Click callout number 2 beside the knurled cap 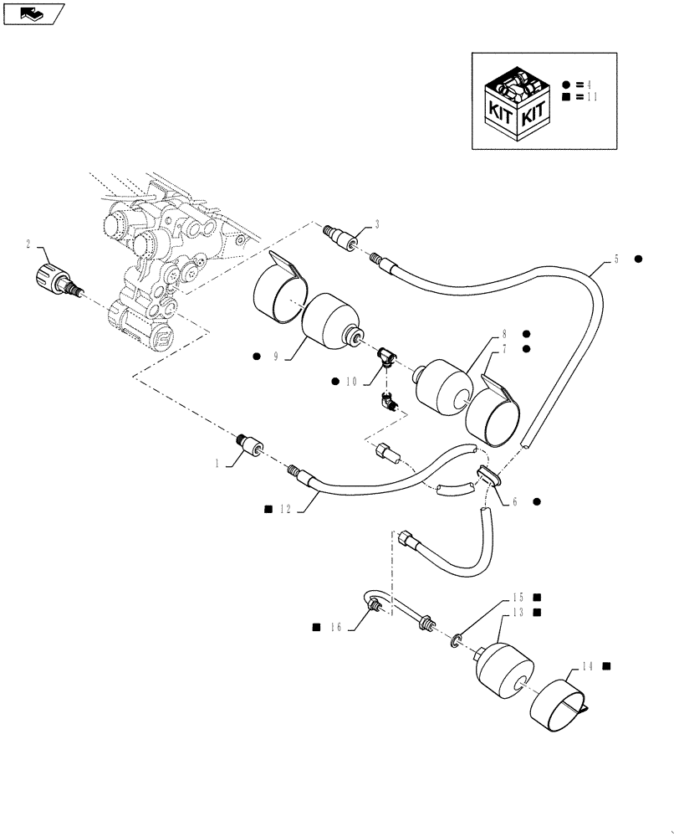(x=28, y=244)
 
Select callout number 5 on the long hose (x=616, y=259)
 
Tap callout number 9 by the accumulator (x=275, y=357)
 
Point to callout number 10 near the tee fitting (x=350, y=382)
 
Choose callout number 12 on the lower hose (x=286, y=509)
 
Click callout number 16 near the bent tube (x=336, y=626)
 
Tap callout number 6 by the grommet (x=515, y=502)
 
